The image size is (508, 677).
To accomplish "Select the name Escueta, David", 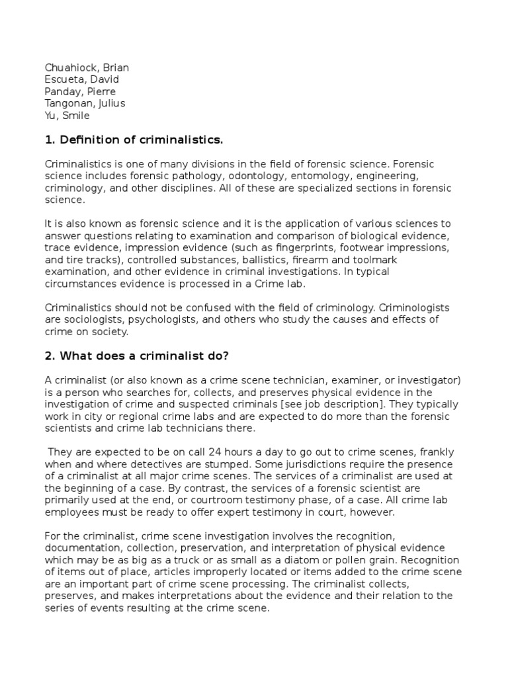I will (x=82, y=79).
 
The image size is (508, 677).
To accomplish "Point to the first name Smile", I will (x=75, y=116).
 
